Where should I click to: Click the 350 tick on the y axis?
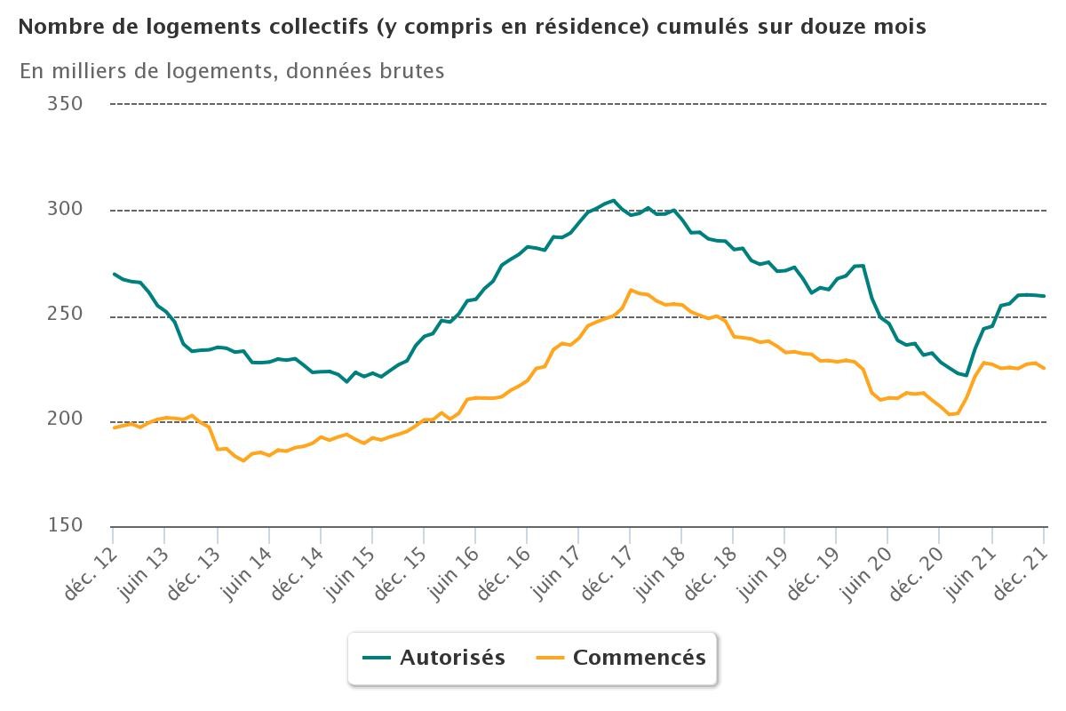[x=64, y=104]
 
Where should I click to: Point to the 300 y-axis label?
[x=64, y=210]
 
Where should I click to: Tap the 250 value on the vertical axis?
[x=64, y=315]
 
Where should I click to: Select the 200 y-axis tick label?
[x=64, y=419]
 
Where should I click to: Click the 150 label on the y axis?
[x=64, y=525]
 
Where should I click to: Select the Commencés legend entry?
[x=621, y=658]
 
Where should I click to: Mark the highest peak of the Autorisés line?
[x=613, y=201]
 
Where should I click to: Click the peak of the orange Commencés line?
[x=631, y=290]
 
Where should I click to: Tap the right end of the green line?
[x=1044, y=296]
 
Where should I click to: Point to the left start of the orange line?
[x=115, y=427]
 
